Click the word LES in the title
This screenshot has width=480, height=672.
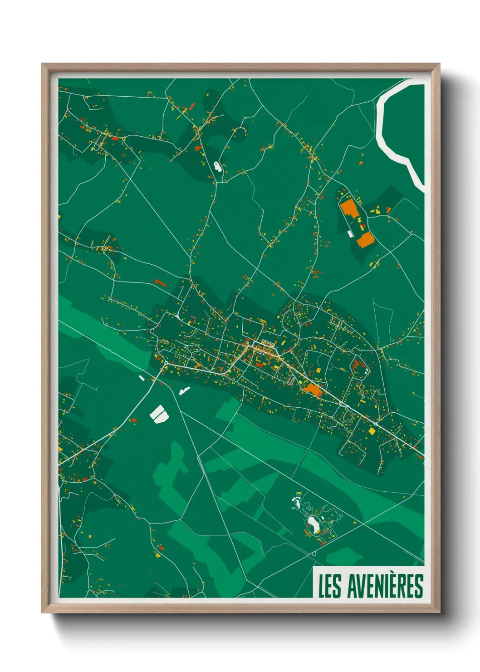click(329, 586)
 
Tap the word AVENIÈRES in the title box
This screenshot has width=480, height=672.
click(385, 586)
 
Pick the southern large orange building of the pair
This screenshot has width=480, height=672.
click(365, 239)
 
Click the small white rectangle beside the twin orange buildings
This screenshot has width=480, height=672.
click(350, 234)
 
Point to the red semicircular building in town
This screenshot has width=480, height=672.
click(357, 364)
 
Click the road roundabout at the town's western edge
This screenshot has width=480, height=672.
click(166, 363)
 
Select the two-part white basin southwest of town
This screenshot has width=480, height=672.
click(159, 414)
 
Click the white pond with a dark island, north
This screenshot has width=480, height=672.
click(218, 166)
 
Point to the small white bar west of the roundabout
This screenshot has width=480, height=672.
click(142, 378)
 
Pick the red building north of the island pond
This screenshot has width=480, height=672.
click(198, 148)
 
